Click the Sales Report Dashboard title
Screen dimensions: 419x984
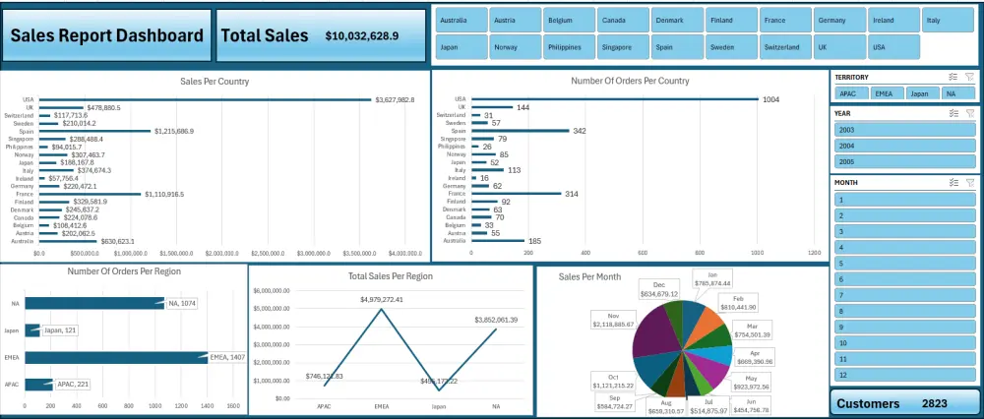(106, 35)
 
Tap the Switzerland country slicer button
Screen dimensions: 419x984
(784, 46)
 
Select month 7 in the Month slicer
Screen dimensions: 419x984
(905, 295)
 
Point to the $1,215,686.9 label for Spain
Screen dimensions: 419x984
(173, 131)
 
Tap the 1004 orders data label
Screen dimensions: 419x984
(770, 99)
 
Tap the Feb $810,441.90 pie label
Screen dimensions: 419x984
(739, 302)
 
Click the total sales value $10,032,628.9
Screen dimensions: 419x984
(361, 35)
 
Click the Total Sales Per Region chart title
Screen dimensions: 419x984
(391, 277)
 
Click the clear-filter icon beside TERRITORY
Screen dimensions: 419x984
(969, 76)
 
